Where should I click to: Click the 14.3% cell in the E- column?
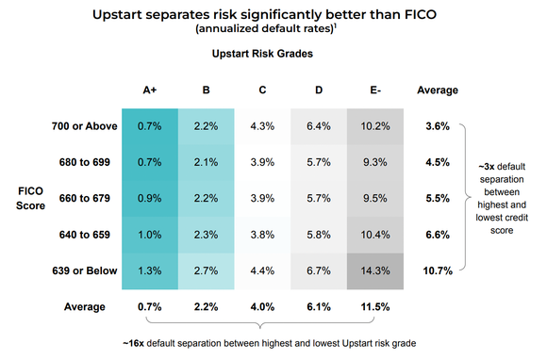pos(376,271)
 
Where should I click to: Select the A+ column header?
pos(149,90)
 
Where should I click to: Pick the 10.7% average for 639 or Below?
pos(437,271)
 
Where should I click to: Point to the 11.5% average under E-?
pos(376,308)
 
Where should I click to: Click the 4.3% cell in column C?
pos(263,125)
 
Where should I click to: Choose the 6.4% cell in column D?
pos(320,125)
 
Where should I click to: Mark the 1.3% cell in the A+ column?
pos(149,271)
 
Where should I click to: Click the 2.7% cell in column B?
pos(207,271)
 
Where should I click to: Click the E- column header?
pos(376,90)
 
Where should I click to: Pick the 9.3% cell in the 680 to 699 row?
pos(376,162)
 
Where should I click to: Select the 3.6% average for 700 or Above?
pos(437,125)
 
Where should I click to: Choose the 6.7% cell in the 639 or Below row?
pos(320,271)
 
